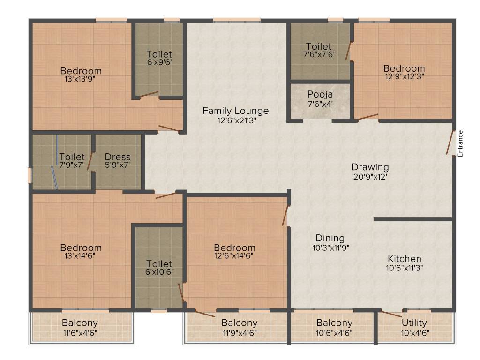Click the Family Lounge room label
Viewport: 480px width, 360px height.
(x=235, y=111)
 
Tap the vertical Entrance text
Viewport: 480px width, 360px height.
(x=460, y=143)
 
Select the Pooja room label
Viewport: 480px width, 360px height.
(x=320, y=93)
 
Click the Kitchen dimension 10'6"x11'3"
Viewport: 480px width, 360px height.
(x=404, y=268)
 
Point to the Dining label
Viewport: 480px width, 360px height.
(x=330, y=238)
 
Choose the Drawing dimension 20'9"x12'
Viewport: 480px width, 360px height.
(x=370, y=177)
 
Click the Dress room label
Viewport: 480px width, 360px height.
(x=118, y=157)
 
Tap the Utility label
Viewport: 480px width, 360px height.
(x=414, y=322)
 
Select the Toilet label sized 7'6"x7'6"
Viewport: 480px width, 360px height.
(x=319, y=46)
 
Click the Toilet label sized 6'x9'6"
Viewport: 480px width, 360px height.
(x=159, y=54)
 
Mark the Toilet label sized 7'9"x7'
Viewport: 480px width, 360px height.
(x=72, y=157)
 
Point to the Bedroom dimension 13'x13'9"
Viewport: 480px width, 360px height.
(x=81, y=79)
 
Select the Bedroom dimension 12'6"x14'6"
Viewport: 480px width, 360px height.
(x=234, y=256)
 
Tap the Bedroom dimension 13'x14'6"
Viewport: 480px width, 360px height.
(x=81, y=256)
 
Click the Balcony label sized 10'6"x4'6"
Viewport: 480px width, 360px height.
(x=334, y=322)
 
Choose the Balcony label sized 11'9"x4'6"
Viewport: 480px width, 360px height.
(x=240, y=322)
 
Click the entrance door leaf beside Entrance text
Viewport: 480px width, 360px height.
(x=450, y=142)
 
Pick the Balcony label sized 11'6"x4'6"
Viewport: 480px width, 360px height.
(x=80, y=322)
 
